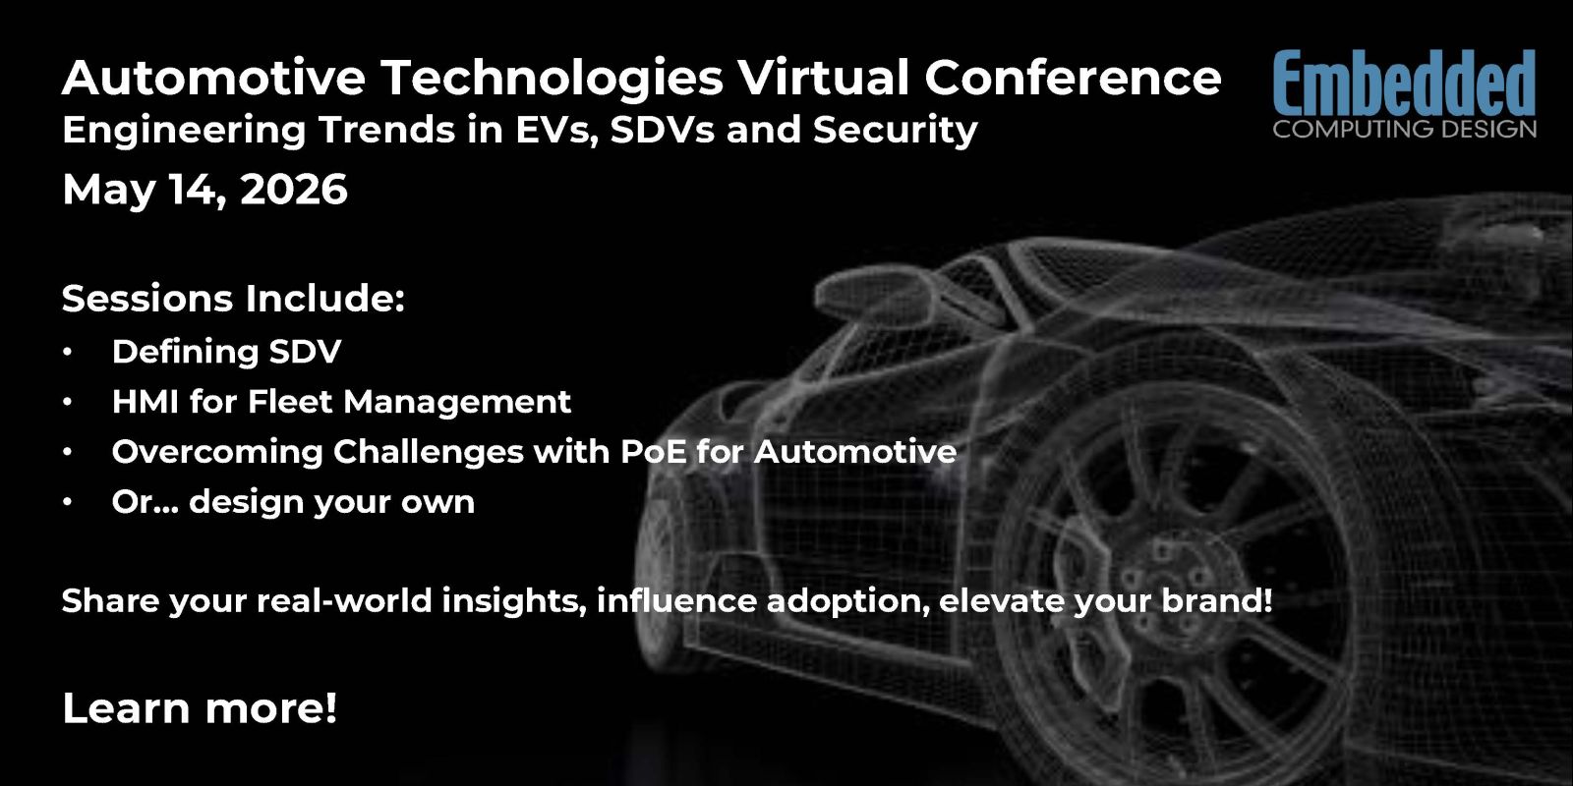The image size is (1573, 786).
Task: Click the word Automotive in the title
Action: pos(213,77)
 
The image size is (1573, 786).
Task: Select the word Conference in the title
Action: pos(1073,77)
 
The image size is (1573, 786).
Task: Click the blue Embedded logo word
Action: pos(1405,83)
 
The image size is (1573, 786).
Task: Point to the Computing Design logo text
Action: pos(1405,129)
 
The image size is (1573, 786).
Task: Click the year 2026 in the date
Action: pos(294,189)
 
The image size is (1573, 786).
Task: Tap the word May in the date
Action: pos(108,191)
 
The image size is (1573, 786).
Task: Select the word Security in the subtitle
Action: pos(896,132)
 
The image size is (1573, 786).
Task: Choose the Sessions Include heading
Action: pos(233,299)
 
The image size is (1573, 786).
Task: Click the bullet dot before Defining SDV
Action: pos(68,352)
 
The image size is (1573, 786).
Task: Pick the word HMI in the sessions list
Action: pos(145,402)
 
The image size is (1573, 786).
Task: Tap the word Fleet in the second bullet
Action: pos(289,402)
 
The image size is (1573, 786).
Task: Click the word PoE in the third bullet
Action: pos(653,451)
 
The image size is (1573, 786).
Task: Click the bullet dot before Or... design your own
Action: pos(68,502)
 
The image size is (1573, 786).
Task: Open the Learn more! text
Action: pos(200,707)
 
